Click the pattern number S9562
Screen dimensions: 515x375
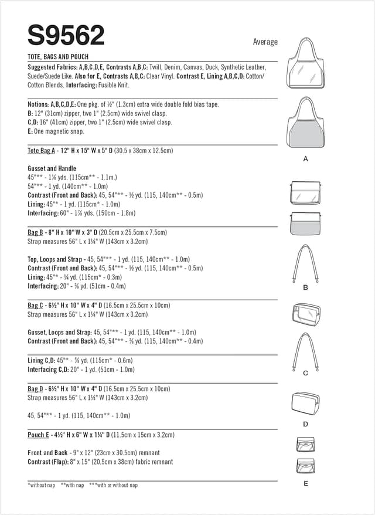(66, 36)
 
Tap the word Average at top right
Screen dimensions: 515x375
(265, 42)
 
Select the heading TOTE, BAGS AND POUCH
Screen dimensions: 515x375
(58, 57)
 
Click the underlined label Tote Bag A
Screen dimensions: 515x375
(41, 151)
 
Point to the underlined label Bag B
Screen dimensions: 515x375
(36, 232)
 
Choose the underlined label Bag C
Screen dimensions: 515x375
(36, 306)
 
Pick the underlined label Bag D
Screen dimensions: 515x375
(36, 389)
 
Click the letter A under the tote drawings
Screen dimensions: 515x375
(305, 158)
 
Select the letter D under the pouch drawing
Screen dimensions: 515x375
(305, 423)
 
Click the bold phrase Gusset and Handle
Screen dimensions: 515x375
(52, 168)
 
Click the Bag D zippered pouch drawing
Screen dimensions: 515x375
(305, 403)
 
